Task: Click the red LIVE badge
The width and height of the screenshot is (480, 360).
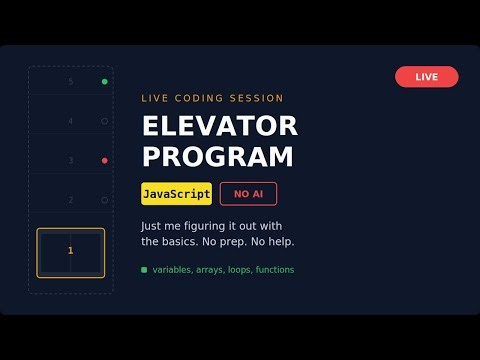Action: pos(426,77)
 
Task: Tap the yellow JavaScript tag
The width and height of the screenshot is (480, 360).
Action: pos(176,193)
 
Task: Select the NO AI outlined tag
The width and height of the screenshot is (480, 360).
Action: pos(248,193)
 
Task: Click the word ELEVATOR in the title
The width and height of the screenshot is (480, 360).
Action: pos(220,127)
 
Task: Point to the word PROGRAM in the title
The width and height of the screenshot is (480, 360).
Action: pos(217,157)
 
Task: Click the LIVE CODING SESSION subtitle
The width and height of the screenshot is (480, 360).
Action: pos(212,98)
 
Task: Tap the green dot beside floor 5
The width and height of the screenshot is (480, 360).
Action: pos(104,81)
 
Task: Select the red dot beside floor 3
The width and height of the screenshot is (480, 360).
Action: pos(104,160)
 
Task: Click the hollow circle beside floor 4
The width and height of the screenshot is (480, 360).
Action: pos(104,121)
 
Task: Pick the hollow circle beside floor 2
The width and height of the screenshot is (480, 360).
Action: pos(104,200)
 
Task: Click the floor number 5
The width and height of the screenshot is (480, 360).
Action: pos(71,81)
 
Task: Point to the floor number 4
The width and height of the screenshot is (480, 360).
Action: pos(71,121)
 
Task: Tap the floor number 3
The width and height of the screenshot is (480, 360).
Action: pos(71,160)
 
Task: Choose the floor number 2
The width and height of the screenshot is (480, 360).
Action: pos(71,200)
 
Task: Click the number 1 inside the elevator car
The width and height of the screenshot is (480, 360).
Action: pos(70,250)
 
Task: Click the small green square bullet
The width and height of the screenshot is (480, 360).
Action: pos(144,270)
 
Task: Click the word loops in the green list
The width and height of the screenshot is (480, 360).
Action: pos(236,270)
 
